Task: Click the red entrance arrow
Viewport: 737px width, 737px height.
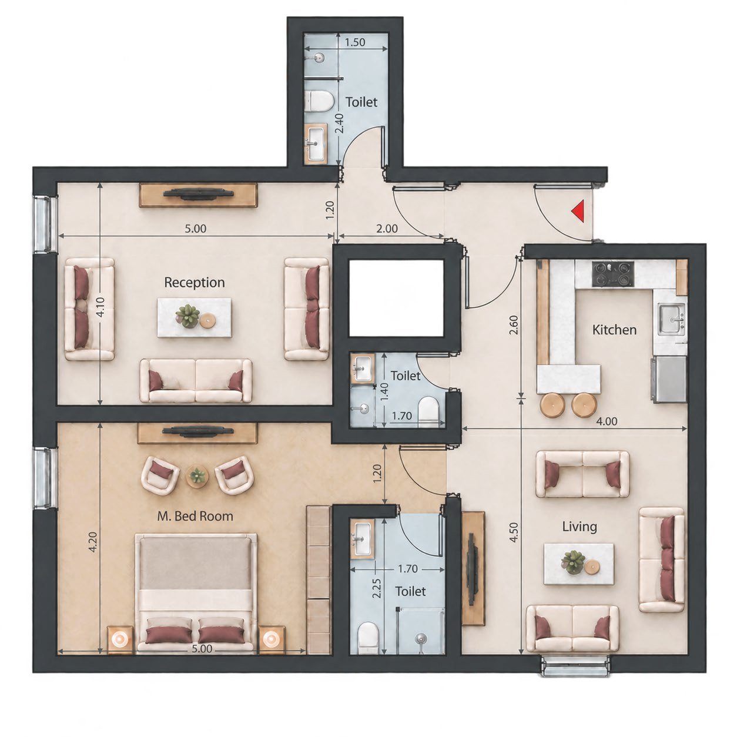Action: tap(578, 212)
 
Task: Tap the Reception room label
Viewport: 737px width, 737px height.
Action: tap(195, 283)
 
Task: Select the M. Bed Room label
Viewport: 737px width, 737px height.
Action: tap(195, 517)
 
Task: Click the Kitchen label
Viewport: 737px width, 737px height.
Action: tap(614, 330)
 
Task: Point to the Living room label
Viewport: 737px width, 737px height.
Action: tap(579, 527)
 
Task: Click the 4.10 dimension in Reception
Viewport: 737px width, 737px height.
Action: tap(101, 307)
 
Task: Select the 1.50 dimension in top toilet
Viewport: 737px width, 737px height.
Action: tap(355, 42)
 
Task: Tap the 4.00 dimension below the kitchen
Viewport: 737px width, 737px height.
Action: tap(607, 421)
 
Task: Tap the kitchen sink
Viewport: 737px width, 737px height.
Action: tap(671, 318)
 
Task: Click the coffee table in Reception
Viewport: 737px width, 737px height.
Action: tap(195, 317)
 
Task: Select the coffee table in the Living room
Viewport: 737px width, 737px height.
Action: tap(579, 564)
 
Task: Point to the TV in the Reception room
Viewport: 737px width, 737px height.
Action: tap(199, 194)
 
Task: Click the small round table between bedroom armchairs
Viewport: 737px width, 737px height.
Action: tap(197, 477)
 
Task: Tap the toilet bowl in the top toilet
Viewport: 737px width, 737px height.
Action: tap(320, 100)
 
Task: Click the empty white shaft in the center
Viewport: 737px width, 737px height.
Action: tap(396, 298)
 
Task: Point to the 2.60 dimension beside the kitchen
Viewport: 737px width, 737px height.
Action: tap(514, 324)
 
